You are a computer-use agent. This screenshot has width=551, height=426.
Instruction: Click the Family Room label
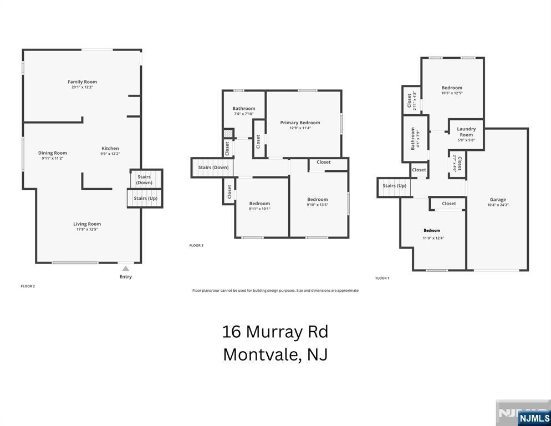(82, 82)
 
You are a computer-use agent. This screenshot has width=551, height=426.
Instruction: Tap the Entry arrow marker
(126, 269)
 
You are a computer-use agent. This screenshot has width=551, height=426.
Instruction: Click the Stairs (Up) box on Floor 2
(145, 198)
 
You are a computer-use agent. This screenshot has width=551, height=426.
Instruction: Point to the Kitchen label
(110, 148)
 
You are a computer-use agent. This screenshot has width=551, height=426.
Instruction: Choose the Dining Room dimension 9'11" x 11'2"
(53, 158)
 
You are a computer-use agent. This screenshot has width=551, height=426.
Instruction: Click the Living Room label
(87, 224)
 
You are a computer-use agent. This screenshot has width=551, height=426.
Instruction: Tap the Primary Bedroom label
(300, 123)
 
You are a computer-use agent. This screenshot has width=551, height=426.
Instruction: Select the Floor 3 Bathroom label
(243, 109)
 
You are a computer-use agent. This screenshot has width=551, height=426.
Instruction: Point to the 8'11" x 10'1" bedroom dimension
(259, 209)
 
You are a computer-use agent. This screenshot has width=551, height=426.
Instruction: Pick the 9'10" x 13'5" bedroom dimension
(318, 205)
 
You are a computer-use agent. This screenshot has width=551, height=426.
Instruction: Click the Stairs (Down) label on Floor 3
(213, 167)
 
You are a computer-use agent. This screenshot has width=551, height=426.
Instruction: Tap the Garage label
(497, 200)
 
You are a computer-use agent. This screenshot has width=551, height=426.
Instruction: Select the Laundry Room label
(466, 132)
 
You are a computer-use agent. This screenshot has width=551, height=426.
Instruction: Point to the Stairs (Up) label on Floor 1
(394, 186)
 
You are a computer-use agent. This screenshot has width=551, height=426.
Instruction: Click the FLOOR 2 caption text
(28, 286)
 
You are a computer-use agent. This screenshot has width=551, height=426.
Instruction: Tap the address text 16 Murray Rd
(275, 332)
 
